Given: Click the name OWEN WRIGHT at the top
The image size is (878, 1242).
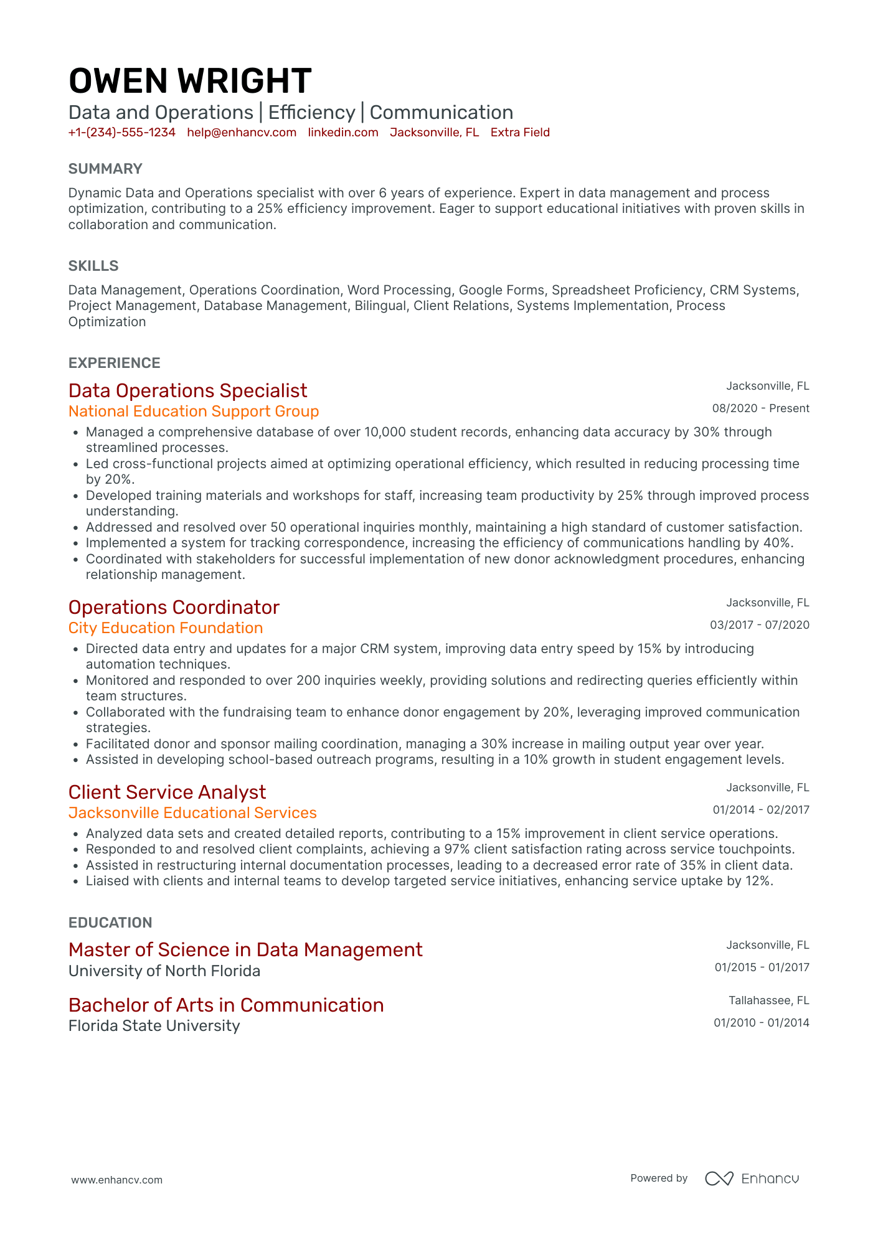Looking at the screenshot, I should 190,81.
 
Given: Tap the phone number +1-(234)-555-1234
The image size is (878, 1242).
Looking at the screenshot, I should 122,132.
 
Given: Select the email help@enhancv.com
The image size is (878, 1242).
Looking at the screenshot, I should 242,132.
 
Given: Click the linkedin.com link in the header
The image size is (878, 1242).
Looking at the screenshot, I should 343,132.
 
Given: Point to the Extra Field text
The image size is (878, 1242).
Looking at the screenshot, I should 520,132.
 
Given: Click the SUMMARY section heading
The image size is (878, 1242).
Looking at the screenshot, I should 105,169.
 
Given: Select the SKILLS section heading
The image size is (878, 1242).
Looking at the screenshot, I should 93,266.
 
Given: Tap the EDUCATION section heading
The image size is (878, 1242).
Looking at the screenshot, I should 110,923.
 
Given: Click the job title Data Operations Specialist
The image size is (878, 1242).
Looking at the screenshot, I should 187,390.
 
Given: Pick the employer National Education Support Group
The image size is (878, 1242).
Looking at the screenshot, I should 194,412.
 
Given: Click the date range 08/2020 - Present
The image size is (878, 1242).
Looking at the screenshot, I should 760,408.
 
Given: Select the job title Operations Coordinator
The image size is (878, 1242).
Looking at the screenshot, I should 174,607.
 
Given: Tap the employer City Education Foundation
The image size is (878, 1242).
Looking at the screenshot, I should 166,628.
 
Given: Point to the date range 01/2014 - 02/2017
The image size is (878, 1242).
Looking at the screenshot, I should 761,810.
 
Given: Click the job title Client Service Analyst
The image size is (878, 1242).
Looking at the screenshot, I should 167,792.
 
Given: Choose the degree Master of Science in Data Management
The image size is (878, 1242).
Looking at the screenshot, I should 245,949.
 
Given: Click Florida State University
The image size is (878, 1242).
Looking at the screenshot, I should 154,1026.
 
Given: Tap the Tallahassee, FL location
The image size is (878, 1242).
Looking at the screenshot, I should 768,1000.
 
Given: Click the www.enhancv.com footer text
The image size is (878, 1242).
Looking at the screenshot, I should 116,1180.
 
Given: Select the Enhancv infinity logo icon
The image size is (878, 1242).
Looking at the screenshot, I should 719,1178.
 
